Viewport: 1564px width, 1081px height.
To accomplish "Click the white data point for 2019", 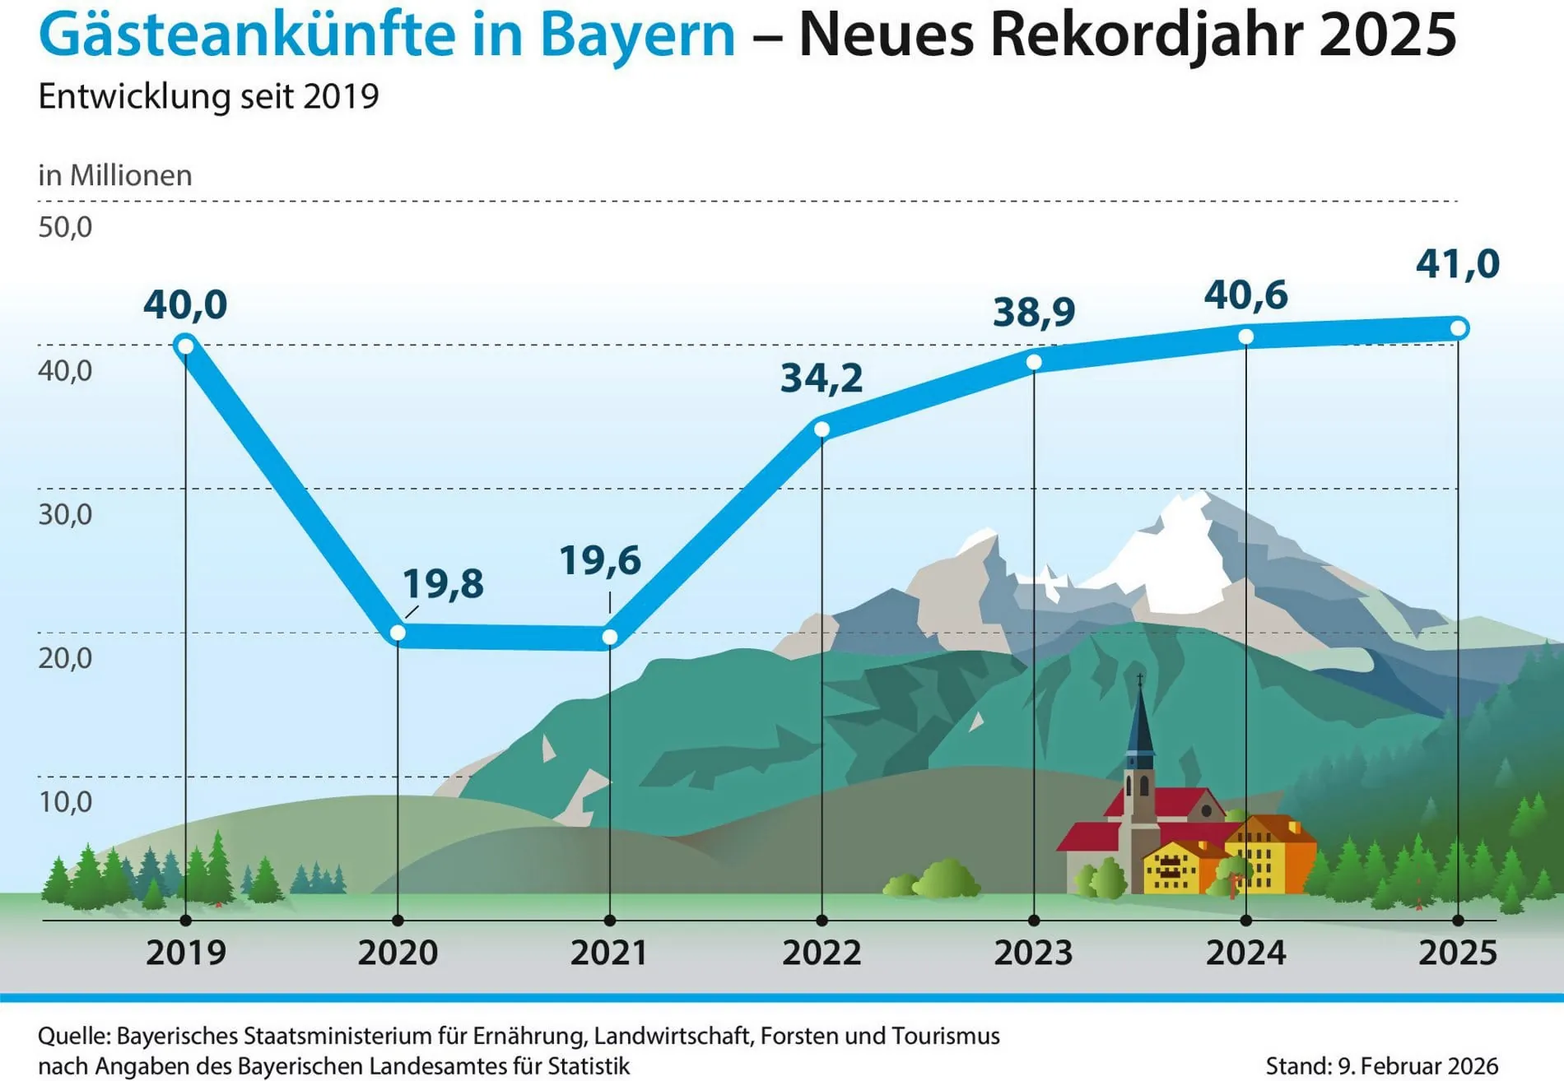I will click(x=186, y=345).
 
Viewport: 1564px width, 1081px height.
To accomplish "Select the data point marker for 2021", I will click(x=610, y=637).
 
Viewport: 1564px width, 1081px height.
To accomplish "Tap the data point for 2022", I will click(x=822, y=429).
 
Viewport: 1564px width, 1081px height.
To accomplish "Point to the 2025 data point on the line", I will click(x=1458, y=328).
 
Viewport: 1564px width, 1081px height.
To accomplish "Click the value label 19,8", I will click(x=443, y=584).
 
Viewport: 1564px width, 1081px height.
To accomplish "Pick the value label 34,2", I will click(x=822, y=378).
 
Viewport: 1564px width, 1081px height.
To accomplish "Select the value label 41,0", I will click(x=1457, y=264).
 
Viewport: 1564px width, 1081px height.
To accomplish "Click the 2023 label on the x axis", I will click(x=1034, y=953).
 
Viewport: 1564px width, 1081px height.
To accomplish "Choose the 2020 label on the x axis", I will click(x=398, y=953).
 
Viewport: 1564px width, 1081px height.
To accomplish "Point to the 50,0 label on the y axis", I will click(x=65, y=227).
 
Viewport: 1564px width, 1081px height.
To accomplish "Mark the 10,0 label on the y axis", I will click(x=65, y=802).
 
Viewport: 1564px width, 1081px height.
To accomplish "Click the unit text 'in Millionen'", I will click(x=115, y=175).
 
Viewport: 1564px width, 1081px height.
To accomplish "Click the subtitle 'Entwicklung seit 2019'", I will click(x=208, y=96).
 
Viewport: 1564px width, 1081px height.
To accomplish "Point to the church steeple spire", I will click(x=1140, y=716).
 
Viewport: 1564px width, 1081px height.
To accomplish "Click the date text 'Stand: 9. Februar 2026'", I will click(x=1381, y=1066).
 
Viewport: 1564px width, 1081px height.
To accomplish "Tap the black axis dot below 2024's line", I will click(x=1246, y=921).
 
